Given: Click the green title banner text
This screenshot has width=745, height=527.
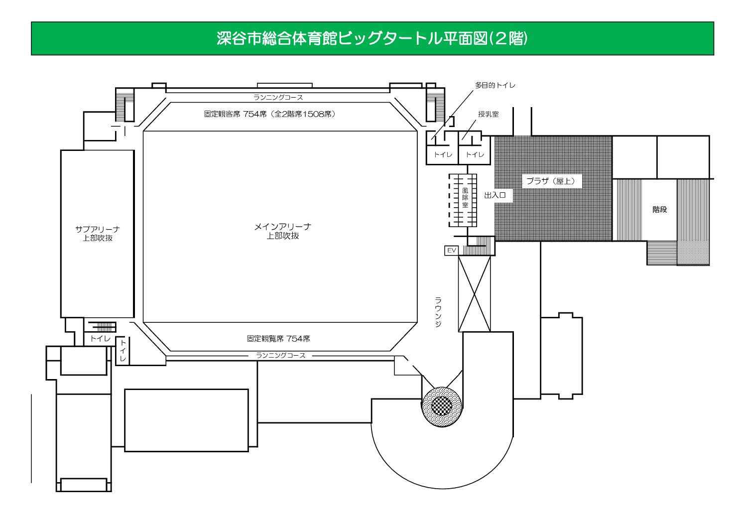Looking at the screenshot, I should point(372,38).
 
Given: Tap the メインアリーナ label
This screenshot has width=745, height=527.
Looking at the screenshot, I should point(282,227).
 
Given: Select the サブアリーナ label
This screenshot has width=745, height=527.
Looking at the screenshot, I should point(98,229).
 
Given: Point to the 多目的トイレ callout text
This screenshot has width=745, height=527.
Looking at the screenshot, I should point(495,85).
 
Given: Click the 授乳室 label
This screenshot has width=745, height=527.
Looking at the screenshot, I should point(488,114).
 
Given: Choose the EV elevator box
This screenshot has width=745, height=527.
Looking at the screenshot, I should point(451,251).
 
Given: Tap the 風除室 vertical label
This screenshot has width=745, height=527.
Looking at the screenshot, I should point(465,198).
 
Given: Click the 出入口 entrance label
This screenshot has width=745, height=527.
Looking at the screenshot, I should point(495,195).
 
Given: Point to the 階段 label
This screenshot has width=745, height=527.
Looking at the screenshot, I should point(659,210).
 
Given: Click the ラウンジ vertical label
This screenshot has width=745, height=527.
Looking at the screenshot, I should point(438,311).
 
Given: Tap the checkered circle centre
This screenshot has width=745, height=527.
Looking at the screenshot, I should point(442,405).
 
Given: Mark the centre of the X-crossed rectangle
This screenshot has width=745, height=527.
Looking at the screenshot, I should point(474,293).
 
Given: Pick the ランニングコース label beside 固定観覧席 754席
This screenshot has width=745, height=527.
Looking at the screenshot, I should point(280,356).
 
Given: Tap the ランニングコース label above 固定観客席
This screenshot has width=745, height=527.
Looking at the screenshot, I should point(278,98).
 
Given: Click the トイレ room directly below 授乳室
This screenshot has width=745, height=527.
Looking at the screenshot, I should point(475,154).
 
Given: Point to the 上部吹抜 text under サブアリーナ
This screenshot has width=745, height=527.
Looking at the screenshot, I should point(98,238).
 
